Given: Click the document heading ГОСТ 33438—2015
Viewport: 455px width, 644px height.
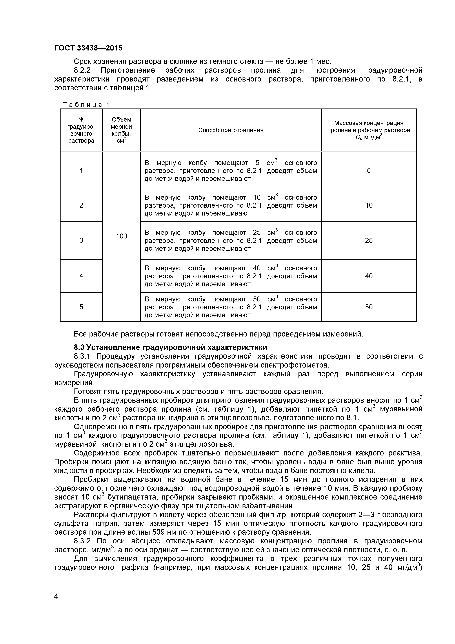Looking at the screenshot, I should pos(88,48).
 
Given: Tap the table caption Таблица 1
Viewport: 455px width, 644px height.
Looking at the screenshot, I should pos(86,105).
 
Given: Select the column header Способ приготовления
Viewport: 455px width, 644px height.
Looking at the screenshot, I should pos(231,130).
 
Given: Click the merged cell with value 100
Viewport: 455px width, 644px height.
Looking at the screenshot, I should pos(121,236).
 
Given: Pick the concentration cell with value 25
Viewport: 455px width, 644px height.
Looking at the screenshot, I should pos(369,240).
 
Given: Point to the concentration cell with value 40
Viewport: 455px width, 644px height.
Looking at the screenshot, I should pos(369,276).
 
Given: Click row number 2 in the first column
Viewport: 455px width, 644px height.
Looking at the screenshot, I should pos(81,205).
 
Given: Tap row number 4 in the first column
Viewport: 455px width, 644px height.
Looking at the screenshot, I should pos(81,276).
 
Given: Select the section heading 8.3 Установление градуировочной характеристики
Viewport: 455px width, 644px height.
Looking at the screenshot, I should pos(170,347).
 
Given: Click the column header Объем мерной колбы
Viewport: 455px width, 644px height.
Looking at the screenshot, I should pos(121,130).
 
